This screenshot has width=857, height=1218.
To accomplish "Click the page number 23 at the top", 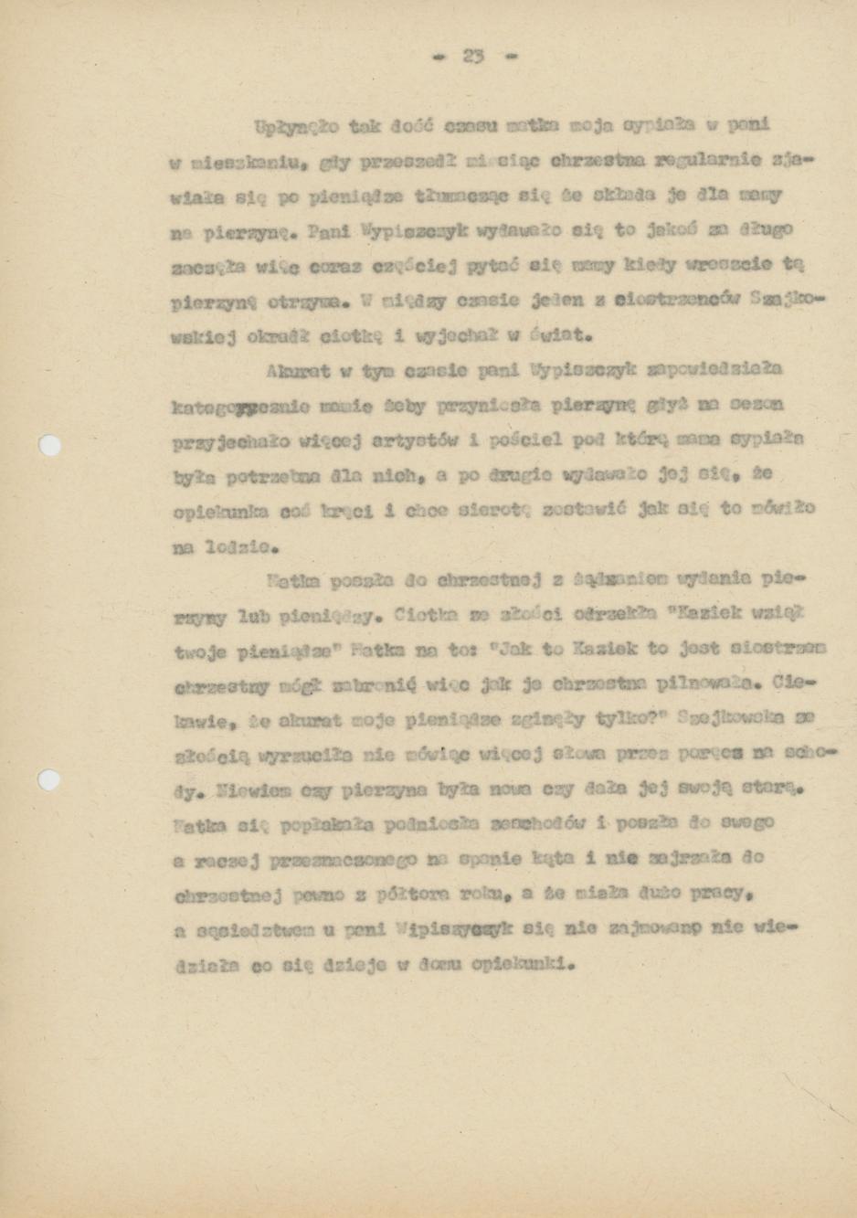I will pyautogui.click(x=472, y=56).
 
